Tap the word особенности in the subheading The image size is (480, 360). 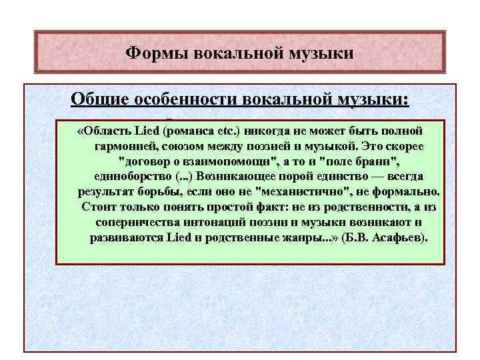(x=175, y=99)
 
